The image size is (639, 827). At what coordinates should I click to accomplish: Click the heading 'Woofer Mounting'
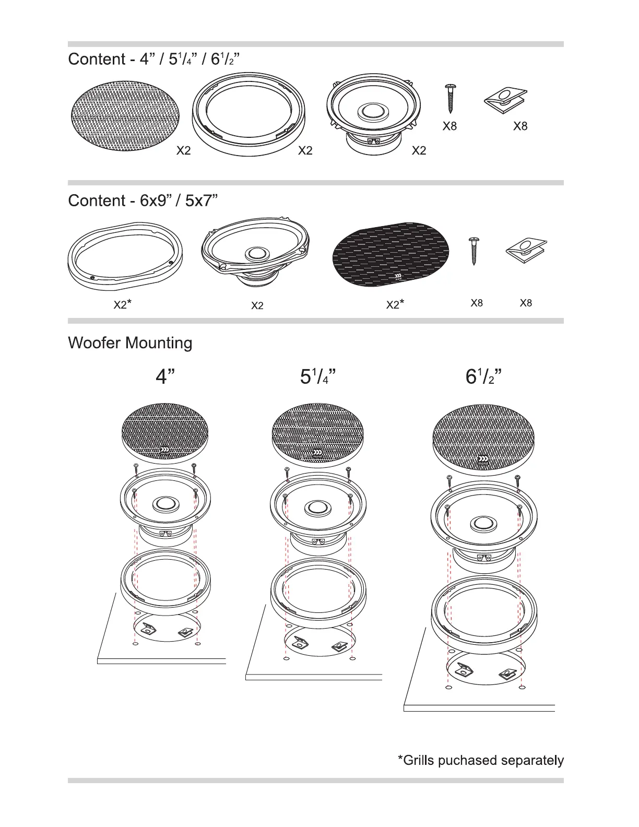tap(130, 343)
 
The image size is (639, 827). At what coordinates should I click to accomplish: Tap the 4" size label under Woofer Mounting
tap(165, 376)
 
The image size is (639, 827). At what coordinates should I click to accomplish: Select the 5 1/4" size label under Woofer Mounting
tap(317, 376)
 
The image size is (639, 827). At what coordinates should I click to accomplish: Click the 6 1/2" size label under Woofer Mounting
tap(483, 376)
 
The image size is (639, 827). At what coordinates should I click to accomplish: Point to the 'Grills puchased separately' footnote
tap(480, 760)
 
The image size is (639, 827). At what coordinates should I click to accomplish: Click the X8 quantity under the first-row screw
tap(449, 126)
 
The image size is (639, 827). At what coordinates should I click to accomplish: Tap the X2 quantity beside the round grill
tap(183, 151)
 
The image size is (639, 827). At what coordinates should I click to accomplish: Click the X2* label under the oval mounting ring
tap(122, 304)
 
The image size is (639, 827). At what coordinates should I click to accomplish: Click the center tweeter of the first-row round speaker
tap(373, 111)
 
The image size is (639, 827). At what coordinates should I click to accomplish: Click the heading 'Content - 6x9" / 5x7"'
tap(143, 201)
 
